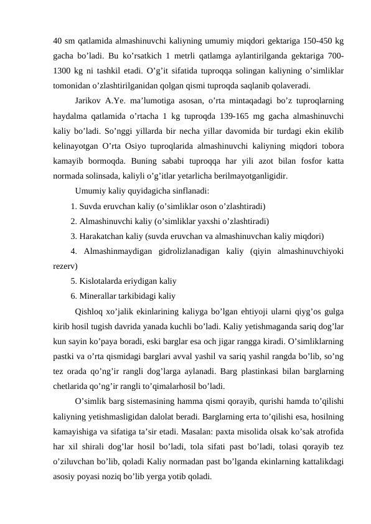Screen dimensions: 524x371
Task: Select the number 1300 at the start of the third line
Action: point(65,71)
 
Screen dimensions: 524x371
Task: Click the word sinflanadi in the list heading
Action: point(189,190)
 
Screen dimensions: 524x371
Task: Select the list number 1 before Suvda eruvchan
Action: point(73,205)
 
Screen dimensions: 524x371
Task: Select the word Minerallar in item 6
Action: point(101,296)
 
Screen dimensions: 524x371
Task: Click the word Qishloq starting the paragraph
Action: point(91,311)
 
